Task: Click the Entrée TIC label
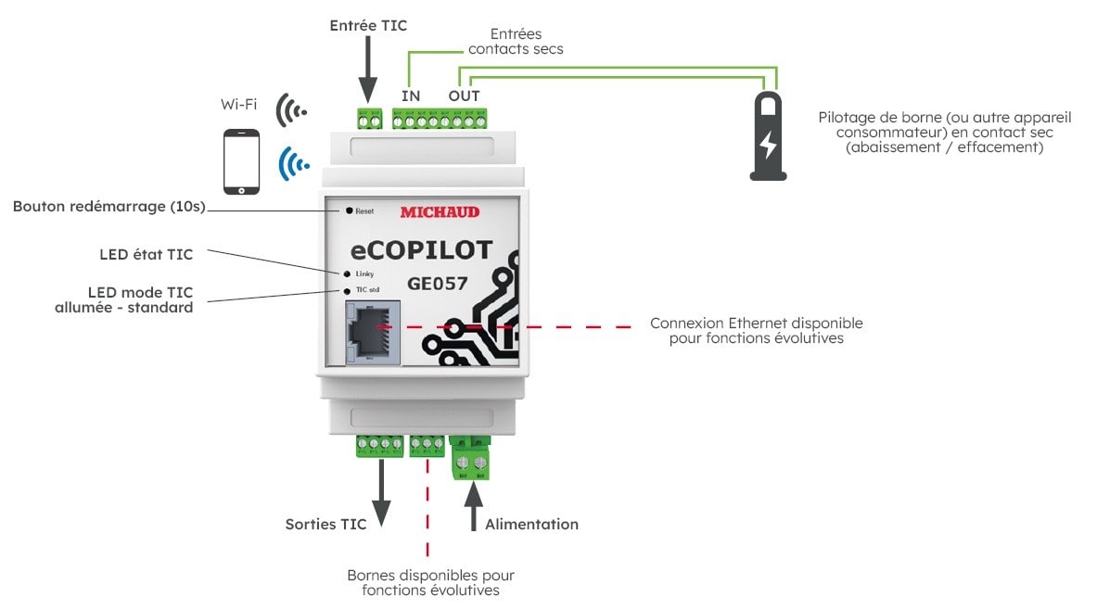click(368, 26)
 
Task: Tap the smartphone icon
click(241, 162)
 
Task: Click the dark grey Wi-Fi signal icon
click(290, 109)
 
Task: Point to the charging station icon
click(768, 135)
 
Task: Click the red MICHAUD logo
click(440, 212)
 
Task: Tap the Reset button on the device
click(349, 211)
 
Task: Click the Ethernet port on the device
click(373, 332)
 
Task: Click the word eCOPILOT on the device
click(421, 250)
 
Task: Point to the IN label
click(410, 95)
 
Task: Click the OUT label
click(465, 95)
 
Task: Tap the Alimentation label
click(531, 524)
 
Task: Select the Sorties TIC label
click(325, 524)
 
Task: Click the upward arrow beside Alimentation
click(473, 506)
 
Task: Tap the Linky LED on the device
click(347, 274)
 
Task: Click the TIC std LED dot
click(347, 290)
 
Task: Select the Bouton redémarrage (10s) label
click(108, 206)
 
